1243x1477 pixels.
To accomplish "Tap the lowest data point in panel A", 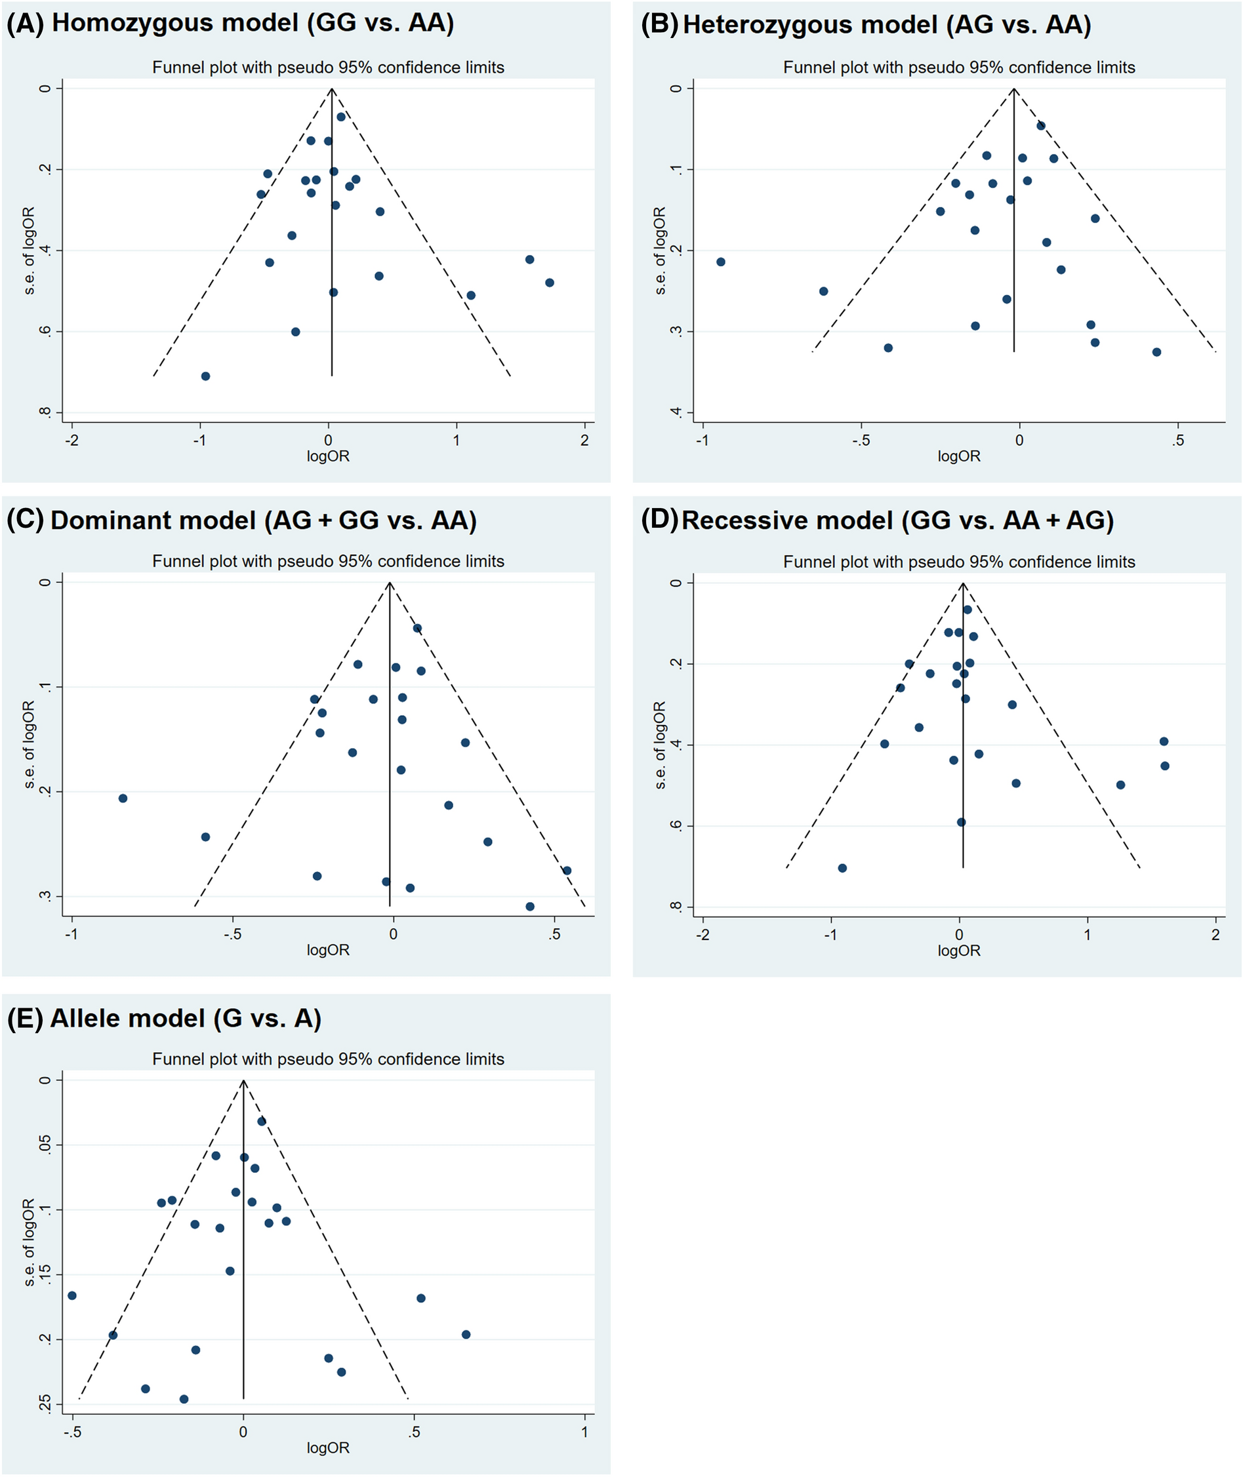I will [206, 376].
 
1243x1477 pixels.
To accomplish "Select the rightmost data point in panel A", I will [550, 283].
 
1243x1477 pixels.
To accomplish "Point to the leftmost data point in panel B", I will [721, 262].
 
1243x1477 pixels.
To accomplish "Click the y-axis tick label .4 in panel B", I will [677, 412].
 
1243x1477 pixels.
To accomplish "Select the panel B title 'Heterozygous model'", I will [809, 26].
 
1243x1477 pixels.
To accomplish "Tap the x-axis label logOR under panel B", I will [958, 456].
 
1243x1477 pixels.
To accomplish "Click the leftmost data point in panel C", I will [123, 798].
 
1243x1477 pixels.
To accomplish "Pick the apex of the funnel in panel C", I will [390, 583].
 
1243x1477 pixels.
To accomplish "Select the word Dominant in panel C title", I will [153, 521].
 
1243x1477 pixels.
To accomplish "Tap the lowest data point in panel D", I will [842, 868].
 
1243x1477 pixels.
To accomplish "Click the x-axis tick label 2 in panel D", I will [1215, 935].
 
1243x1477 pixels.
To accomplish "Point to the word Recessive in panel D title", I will [787, 521].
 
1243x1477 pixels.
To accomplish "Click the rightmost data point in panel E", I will [466, 1335].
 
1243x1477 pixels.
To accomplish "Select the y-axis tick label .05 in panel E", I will [46, 1145].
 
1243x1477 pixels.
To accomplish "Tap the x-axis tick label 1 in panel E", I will [584, 1432].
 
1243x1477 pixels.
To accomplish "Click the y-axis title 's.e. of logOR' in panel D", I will [661, 745].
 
